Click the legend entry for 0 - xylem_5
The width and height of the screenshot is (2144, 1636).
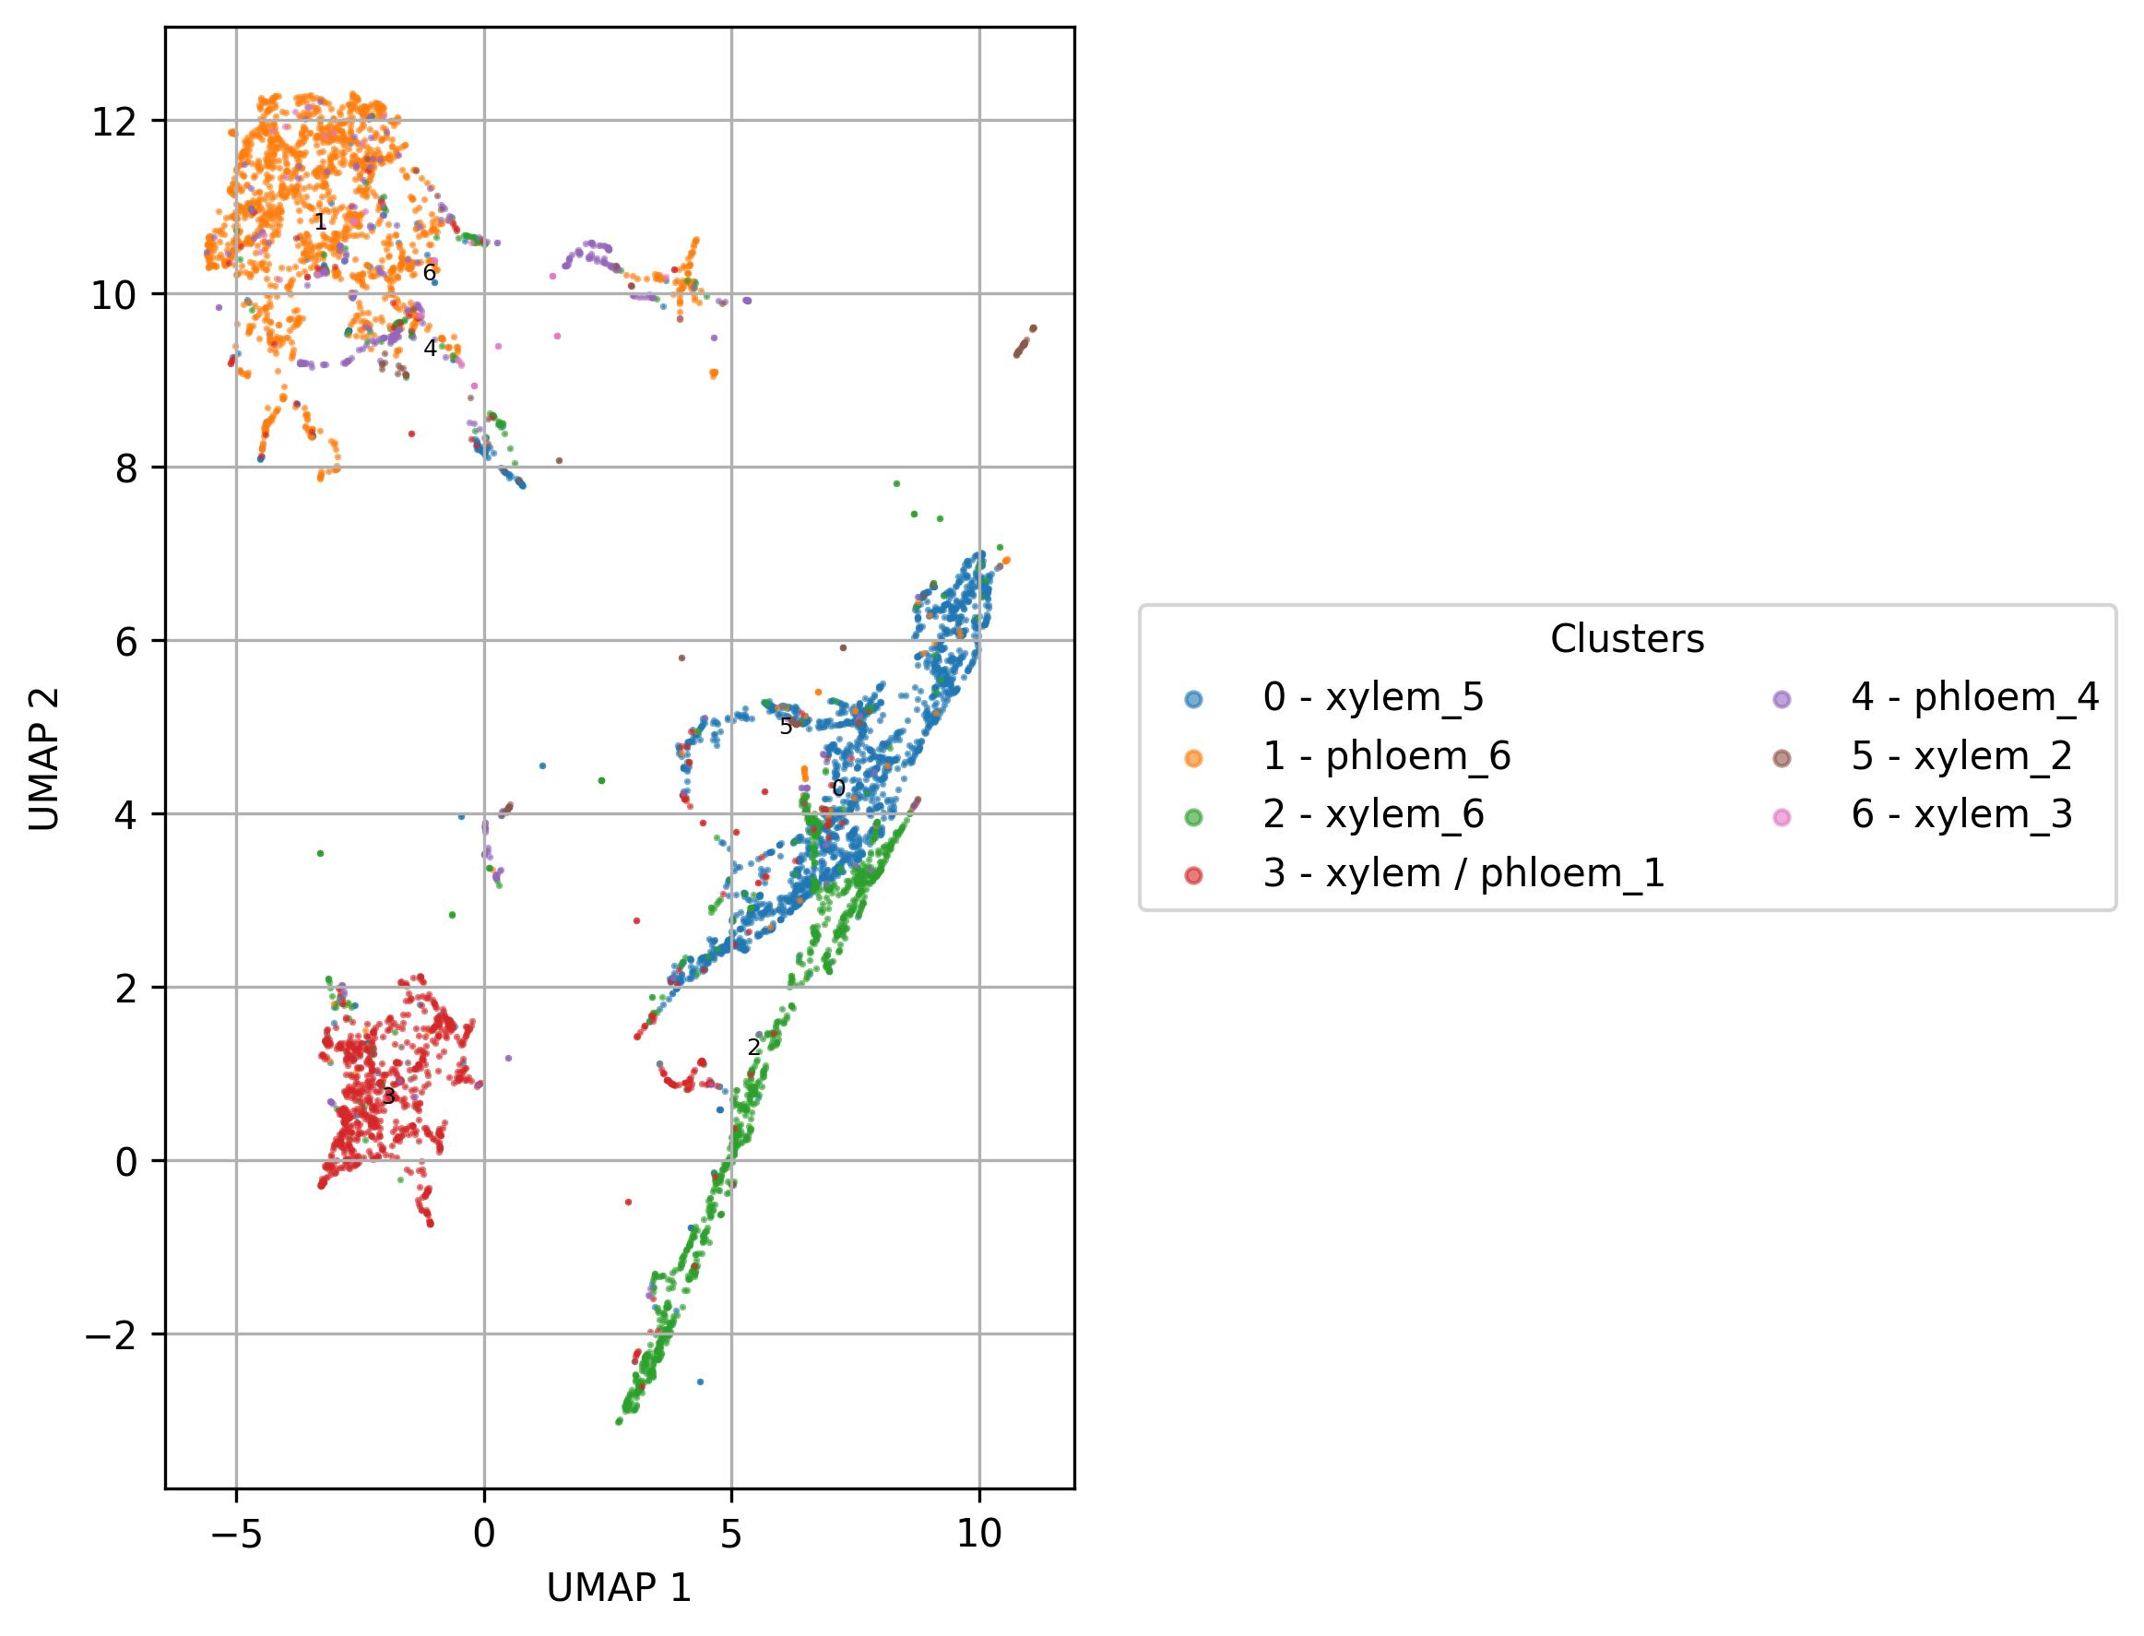1373,697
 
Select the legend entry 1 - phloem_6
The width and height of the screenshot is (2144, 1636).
1387,755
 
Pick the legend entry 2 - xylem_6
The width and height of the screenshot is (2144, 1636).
1373,814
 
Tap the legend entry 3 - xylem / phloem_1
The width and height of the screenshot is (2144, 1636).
1463,872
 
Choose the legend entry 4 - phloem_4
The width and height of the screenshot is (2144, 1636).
1974,697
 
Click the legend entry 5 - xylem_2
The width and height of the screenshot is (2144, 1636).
1960,755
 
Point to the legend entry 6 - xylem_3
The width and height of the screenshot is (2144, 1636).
1960,814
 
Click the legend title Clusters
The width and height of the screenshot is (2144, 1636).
1627,639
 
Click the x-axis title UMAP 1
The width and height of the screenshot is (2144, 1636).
620,1588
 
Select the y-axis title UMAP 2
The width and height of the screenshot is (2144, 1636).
45,759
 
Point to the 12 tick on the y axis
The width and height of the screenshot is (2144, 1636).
115,121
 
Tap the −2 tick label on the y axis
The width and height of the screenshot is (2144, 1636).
110,1334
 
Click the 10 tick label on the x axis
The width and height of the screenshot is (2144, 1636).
978,1535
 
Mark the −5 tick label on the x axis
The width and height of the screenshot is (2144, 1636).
236,1535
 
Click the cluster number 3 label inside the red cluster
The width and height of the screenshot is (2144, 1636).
388,1097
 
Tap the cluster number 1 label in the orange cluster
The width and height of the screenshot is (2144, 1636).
320,223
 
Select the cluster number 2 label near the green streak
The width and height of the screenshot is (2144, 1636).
753,1048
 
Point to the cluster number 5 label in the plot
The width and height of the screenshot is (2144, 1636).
786,728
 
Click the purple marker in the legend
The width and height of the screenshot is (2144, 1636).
1782,698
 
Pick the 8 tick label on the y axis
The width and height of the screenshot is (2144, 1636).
126,468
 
